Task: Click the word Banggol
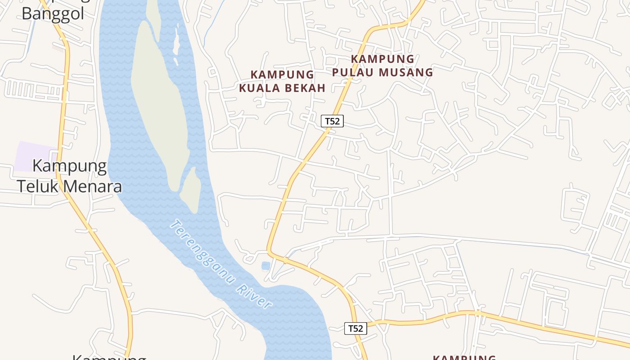(53, 13)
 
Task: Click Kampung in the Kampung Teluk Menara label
(70, 166)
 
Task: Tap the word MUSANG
(406, 72)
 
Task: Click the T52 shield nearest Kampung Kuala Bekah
(332, 121)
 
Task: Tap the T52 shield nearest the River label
(355, 328)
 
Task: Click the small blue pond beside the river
(266, 266)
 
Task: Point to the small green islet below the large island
(191, 189)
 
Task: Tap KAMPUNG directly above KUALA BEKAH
(282, 74)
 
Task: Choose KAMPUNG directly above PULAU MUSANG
(382, 58)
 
